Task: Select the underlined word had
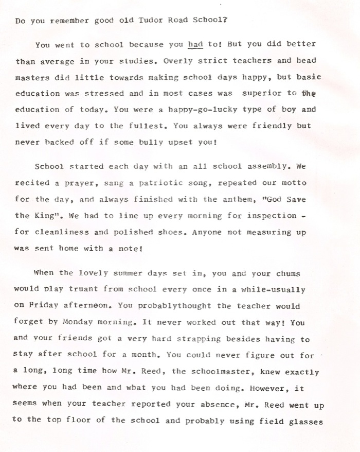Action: point(195,44)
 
